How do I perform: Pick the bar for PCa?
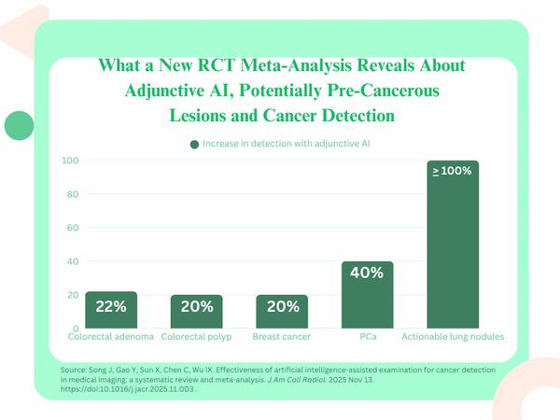(367, 294)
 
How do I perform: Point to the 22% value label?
(111, 306)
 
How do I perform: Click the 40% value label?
(367, 273)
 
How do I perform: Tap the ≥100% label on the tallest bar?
(453, 171)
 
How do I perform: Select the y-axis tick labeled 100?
(69, 161)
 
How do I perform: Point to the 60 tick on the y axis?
(72, 228)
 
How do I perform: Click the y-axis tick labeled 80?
(72, 194)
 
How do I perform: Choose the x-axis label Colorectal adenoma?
(111, 335)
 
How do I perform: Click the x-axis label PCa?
(367, 335)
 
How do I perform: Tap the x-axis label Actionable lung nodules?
(453, 335)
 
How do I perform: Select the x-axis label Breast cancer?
(282, 335)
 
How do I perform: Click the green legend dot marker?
(194, 144)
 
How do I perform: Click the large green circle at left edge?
(19, 125)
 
